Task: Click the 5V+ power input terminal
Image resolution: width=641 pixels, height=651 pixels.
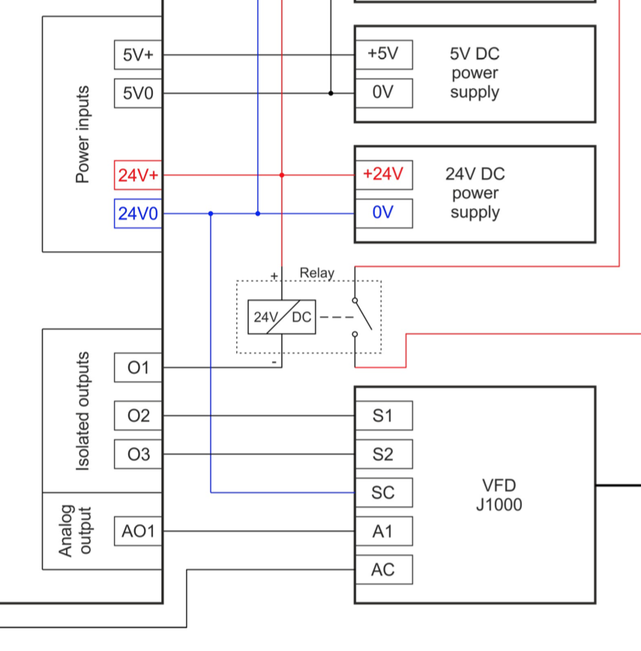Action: (138, 55)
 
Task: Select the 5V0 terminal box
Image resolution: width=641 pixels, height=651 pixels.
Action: (138, 94)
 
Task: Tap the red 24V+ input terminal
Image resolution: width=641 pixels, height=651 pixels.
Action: (138, 175)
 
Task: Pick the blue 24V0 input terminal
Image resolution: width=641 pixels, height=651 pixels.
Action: (138, 214)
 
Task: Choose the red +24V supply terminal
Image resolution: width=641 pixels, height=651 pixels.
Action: (383, 175)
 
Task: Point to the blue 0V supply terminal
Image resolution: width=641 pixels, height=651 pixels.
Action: (383, 213)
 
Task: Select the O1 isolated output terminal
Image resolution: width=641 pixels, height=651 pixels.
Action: (138, 367)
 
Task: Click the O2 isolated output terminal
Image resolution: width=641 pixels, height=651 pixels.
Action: (138, 415)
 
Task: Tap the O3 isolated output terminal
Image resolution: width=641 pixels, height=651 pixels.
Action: (138, 454)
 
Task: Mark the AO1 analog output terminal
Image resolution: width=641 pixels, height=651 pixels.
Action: (138, 532)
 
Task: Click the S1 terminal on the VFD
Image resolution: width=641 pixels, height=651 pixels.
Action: (383, 415)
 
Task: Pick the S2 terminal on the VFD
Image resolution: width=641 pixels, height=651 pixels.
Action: (383, 454)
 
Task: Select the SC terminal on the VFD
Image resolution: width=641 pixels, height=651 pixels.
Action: (383, 493)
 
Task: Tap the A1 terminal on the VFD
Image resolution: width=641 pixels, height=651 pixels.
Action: (383, 532)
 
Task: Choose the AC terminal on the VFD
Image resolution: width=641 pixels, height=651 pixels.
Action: (383, 571)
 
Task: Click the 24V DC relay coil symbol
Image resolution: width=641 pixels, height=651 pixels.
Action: (282, 317)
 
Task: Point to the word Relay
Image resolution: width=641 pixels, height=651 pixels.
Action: (317, 273)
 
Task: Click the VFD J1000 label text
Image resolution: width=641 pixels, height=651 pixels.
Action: (499, 494)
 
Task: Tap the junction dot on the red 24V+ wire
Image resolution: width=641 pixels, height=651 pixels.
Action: (282, 175)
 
